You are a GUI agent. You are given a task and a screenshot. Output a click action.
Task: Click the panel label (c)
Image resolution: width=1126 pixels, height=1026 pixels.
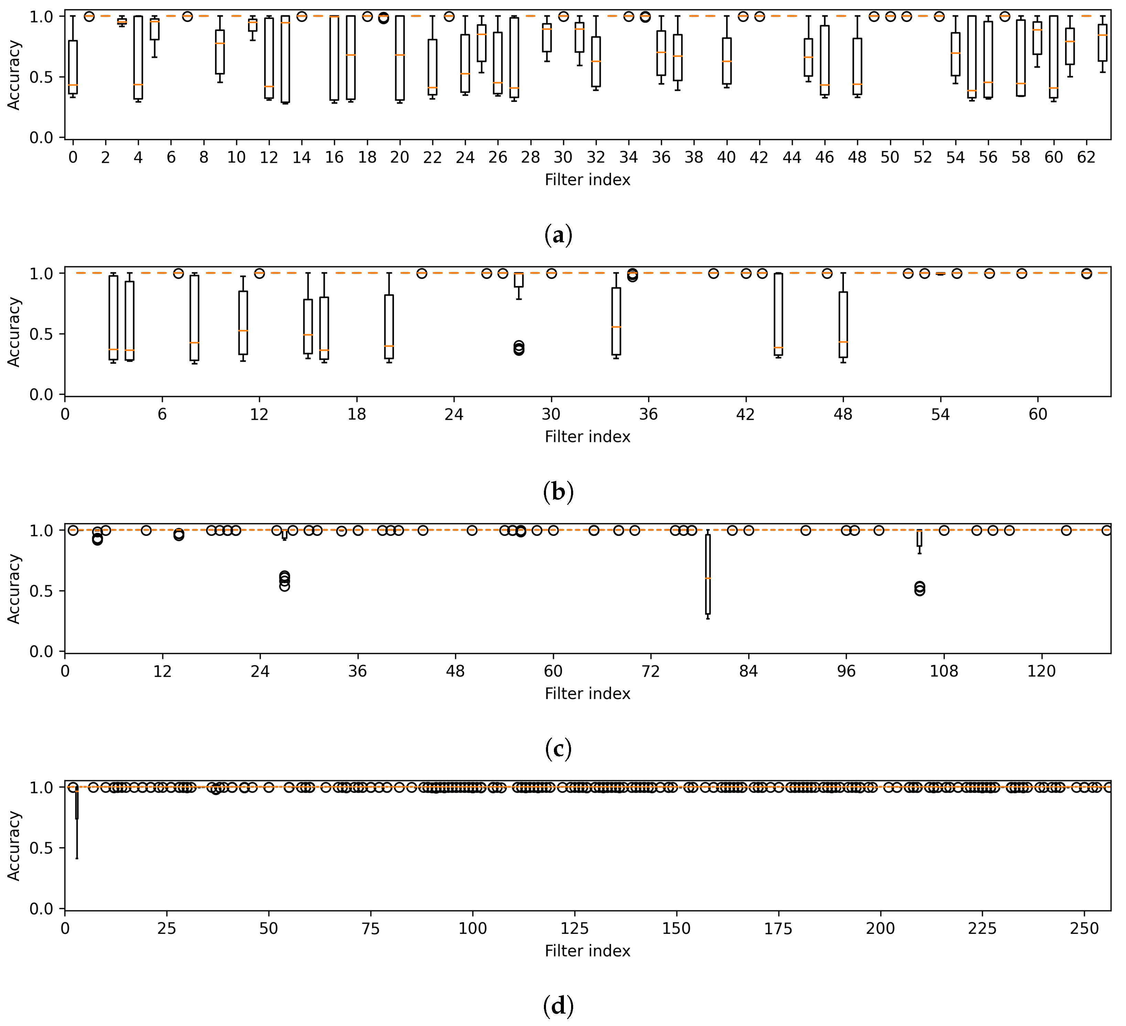[558, 749]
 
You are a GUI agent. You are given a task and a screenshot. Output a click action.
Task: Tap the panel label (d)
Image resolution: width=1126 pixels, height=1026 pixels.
[558, 1006]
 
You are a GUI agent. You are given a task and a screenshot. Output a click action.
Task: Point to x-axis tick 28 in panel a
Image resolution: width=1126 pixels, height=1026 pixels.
[530, 158]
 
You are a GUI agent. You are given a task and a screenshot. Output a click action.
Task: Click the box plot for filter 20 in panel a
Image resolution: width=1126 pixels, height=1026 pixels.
[400, 58]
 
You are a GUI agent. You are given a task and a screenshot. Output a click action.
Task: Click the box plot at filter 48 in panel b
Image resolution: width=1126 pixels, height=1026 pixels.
[843, 324]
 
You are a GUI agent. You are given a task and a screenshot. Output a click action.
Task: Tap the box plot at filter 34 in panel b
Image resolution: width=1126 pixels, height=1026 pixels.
[616, 321]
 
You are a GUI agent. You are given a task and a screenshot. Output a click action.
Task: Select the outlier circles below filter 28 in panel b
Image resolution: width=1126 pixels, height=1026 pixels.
[519, 348]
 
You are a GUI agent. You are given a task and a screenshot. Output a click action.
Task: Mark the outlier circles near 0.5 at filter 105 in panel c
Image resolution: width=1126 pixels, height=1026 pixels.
[919, 589]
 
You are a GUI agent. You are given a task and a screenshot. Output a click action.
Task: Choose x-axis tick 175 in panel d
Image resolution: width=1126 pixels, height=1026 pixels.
[778, 929]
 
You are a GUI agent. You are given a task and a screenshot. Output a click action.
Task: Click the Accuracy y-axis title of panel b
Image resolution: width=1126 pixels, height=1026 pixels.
[13, 332]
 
